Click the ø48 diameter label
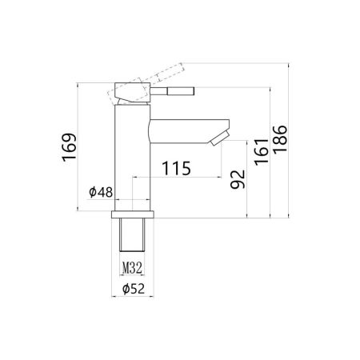(101, 192)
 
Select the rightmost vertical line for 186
(290, 140)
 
